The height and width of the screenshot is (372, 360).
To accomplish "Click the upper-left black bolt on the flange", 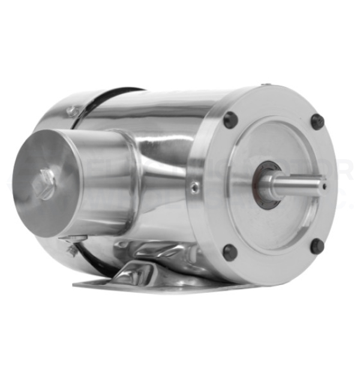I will [230, 119].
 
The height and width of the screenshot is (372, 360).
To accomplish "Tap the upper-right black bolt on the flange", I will [317, 121].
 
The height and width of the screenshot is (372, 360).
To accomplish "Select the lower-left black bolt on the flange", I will [230, 252].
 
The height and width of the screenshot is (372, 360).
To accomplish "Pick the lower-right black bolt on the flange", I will [317, 245].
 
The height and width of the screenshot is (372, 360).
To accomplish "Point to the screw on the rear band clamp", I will [72, 111].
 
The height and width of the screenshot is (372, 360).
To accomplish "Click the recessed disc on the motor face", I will [282, 180].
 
